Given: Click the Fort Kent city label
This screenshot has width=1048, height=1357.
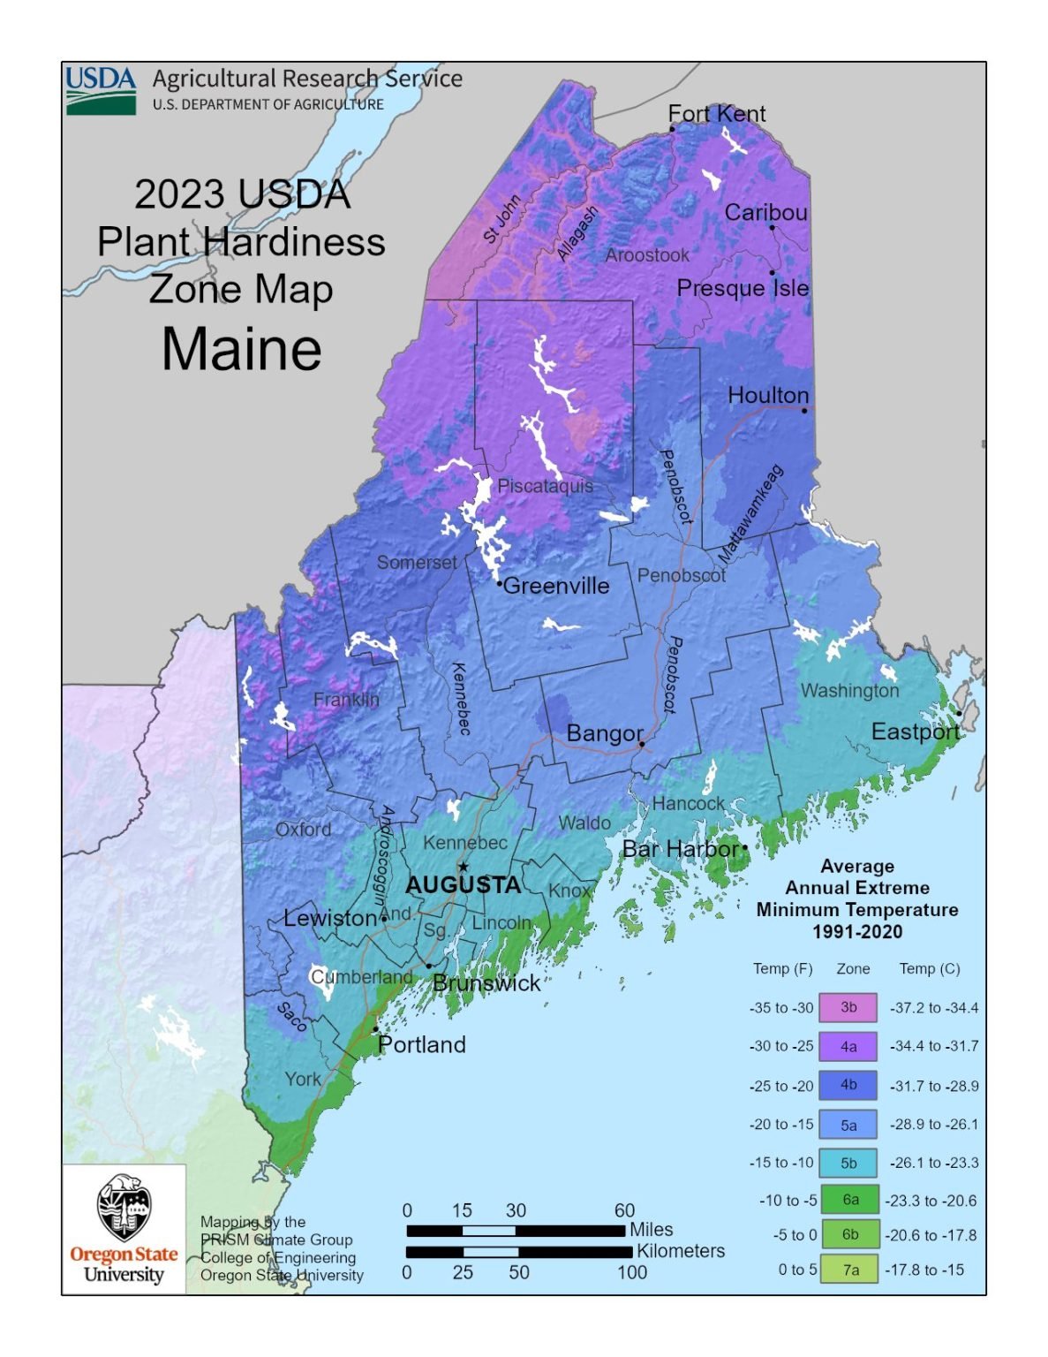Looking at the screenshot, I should (x=716, y=114).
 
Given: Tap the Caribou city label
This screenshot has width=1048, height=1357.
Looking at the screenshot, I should (x=765, y=213).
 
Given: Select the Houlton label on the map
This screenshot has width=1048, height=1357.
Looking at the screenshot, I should (x=767, y=395).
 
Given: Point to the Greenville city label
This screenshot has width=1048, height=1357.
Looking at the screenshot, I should (x=555, y=586).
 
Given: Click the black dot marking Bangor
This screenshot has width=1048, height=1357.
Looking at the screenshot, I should (x=642, y=745).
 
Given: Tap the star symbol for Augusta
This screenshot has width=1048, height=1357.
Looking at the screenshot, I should (x=463, y=867).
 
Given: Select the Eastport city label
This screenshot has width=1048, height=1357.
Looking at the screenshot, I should (x=915, y=732).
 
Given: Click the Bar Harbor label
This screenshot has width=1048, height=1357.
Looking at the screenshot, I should (x=680, y=849).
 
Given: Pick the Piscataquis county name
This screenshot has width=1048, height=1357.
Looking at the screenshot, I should (x=545, y=486).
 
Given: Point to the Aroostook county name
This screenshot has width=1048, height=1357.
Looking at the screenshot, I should (x=647, y=255).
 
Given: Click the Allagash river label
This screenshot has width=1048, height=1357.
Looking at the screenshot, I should (x=577, y=233).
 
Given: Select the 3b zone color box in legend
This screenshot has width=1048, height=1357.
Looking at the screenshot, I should (x=848, y=1007).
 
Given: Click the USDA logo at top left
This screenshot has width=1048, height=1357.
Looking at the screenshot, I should (x=101, y=90).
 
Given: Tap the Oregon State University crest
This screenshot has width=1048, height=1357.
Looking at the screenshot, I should (x=124, y=1208).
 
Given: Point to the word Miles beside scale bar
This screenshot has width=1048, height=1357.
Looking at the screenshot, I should (x=651, y=1230).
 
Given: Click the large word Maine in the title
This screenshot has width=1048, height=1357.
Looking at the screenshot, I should (x=242, y=349).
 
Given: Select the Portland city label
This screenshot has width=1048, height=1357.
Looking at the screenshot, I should (x=421, y=1045).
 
